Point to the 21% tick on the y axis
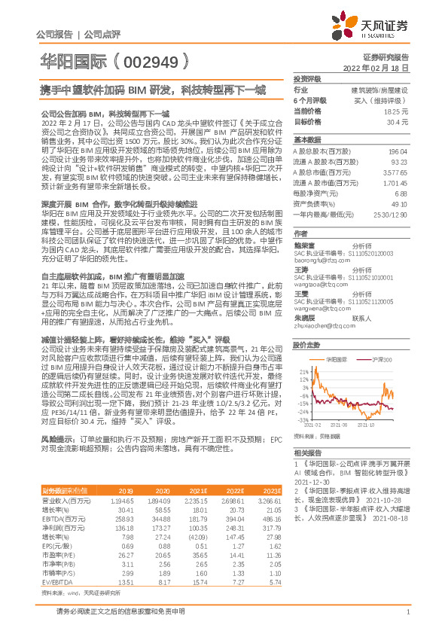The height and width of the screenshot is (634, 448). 303,371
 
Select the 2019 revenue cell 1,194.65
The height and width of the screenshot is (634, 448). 122,500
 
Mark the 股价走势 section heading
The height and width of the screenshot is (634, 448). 306,344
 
